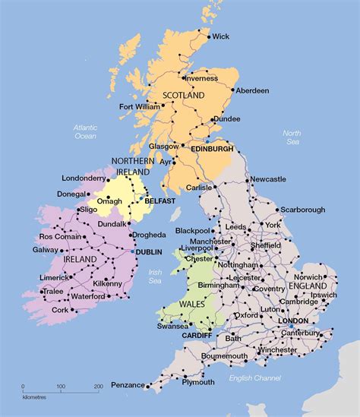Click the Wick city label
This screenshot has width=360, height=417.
point(220,36)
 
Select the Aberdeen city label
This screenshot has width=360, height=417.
point(252,90)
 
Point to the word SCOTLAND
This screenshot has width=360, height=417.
point(184,96)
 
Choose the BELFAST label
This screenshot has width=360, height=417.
point(160,201)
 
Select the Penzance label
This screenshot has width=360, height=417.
point(128,385)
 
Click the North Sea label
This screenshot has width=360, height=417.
point(292,137)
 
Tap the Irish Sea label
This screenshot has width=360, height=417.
point(155,276)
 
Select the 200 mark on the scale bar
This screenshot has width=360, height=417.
point(97,387)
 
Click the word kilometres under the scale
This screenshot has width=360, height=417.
point(33,397)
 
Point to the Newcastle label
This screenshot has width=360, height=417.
point(268,178)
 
